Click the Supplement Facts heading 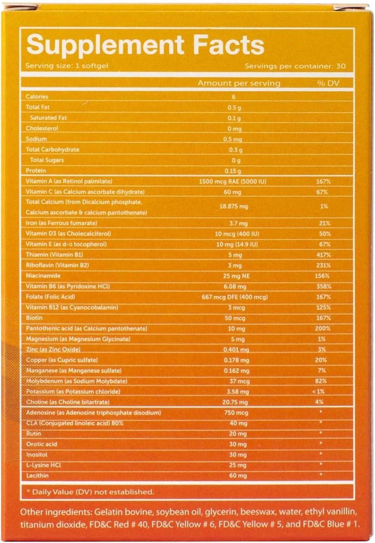click(145, 45)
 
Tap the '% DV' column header click(328, 83)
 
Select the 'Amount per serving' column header click(239, 83)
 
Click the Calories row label click(37, 97)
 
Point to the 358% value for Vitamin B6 click(323, 287)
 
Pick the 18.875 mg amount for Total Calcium click(234, 206)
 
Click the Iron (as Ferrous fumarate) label click(62, 223)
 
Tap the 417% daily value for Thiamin click(323, 255)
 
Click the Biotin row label click(34, 318)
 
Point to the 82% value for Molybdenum click(321, 381)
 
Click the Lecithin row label click(37, 476)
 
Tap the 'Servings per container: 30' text click(295, 66)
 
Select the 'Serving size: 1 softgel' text click(67, 66)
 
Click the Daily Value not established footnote click(90, 492)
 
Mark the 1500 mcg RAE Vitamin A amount click(232, 182)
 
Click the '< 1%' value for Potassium click(318, 392)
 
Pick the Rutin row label click(33, 434)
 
